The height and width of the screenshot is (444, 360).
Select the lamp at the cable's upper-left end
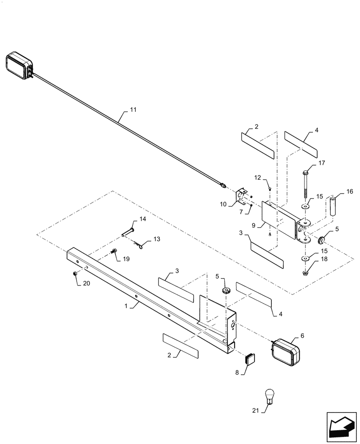click(19, 66)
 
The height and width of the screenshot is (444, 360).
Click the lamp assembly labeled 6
click(286, 353)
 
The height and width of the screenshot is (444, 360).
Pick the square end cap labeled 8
click(251, 358)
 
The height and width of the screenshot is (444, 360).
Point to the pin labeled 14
click(129, 231)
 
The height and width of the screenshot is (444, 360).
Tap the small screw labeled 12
click(270, 189)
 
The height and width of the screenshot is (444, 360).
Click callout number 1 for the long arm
click(126, 306)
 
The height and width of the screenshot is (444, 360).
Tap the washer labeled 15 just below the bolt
click(306, 207)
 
